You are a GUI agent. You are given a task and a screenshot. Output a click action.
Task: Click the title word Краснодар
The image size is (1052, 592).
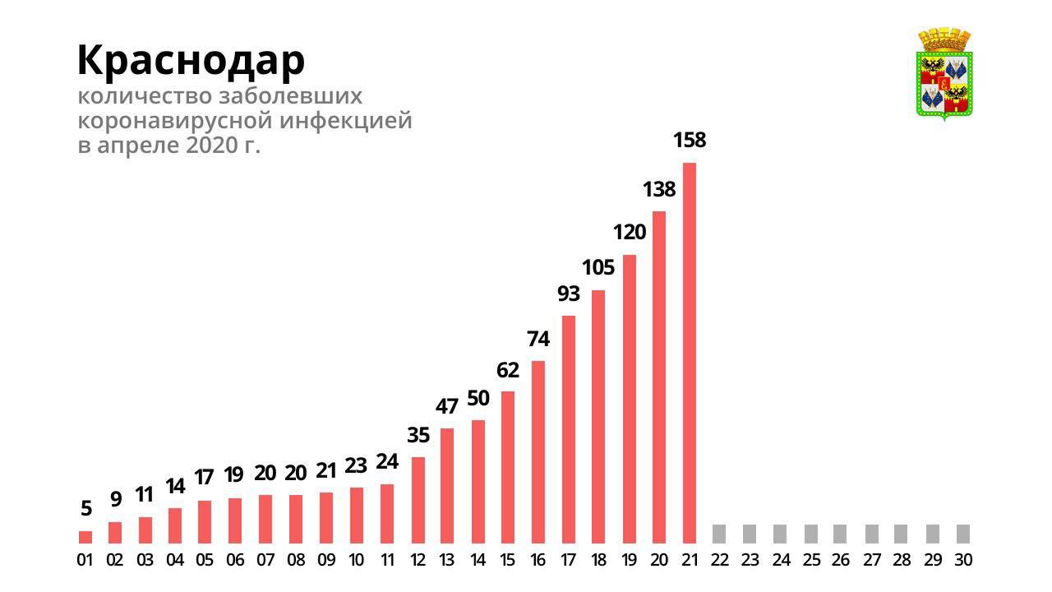coord(191,60)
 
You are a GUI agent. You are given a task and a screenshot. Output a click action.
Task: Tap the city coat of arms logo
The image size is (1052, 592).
coord(944,75)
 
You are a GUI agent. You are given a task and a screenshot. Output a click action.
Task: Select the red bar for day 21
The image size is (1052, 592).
coord(690,353)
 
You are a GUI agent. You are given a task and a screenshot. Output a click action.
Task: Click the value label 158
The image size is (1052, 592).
coord(690,141)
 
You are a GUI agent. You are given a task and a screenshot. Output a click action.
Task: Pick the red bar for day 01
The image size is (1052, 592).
coord(85,537)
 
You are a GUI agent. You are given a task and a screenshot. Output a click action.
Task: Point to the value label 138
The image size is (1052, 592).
coord(658,190)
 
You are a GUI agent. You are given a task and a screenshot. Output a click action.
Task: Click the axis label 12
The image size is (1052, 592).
coord(418,561)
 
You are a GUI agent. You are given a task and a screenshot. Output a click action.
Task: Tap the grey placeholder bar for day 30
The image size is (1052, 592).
coord(963,534)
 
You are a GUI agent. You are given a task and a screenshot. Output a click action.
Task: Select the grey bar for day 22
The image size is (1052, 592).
coord(719,534)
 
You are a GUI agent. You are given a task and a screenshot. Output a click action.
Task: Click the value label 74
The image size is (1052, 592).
coord(538,339)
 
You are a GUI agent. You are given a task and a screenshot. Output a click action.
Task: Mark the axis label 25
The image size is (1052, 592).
coord(811,561)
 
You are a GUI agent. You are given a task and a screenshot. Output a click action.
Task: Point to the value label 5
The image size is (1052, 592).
coord(85,509)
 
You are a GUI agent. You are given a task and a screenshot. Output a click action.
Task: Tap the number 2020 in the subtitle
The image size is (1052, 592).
coord(212,147)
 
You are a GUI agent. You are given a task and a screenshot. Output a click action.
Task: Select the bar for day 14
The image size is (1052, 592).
coord(478,481)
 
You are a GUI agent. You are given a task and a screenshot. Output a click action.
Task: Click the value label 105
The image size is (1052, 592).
coord(598,268)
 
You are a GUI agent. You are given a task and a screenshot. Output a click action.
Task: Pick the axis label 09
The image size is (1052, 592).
coord(326,561)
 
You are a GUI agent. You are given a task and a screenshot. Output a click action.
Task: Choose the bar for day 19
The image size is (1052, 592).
coord(630,399)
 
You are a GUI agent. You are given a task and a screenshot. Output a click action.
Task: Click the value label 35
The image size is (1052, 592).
coord(418,436)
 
